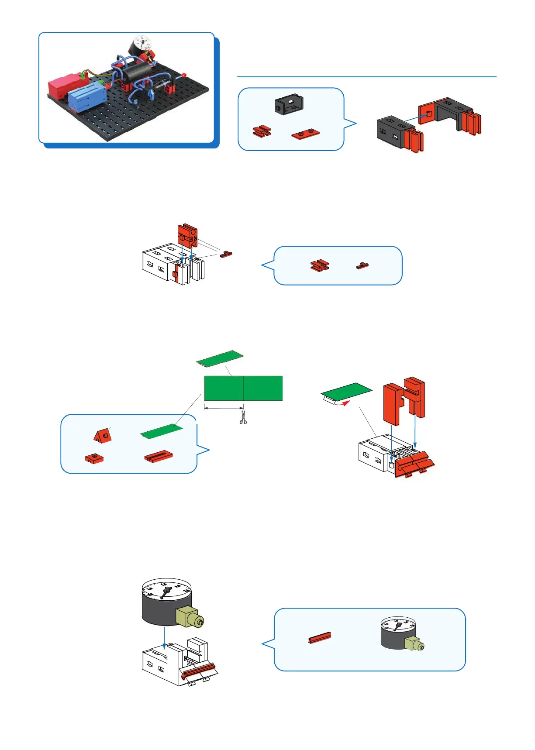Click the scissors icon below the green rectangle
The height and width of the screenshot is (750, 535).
243,417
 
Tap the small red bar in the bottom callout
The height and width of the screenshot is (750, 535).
320,638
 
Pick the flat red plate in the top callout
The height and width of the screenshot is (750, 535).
306,134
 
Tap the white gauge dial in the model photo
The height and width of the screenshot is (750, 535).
142,43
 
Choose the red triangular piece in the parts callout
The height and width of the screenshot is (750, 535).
103,435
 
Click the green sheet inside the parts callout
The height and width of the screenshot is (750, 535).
161,431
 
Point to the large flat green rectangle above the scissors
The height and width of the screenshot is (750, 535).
243,388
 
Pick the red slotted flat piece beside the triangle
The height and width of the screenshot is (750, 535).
158,457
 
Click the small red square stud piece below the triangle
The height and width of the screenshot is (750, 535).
94,458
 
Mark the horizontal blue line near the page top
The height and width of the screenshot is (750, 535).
366,77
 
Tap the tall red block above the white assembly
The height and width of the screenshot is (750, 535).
188,236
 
